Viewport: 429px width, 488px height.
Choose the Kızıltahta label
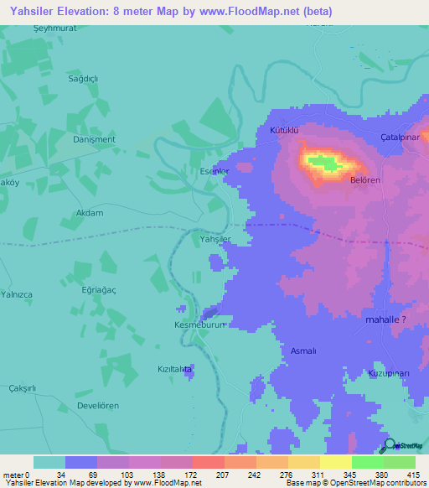[x=177, y=369]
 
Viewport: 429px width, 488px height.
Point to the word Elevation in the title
[x=73, y=11]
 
